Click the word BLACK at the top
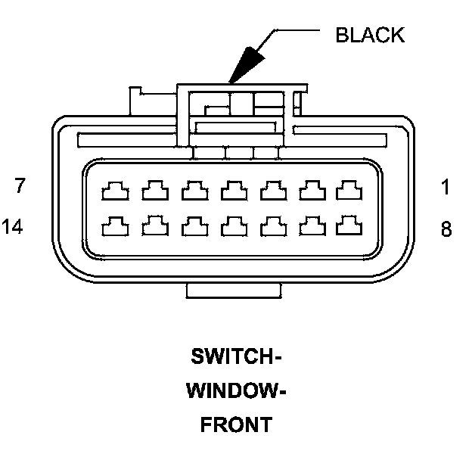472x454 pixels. (370, 35)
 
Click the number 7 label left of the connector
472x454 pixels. (20, 186)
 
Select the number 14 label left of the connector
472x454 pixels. (17, 226)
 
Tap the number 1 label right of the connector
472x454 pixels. (446, 187)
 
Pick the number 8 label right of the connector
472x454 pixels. (446, 229)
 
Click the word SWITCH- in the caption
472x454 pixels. (235, 356)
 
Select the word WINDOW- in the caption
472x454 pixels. (235, 390)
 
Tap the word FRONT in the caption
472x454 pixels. (235, 425)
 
